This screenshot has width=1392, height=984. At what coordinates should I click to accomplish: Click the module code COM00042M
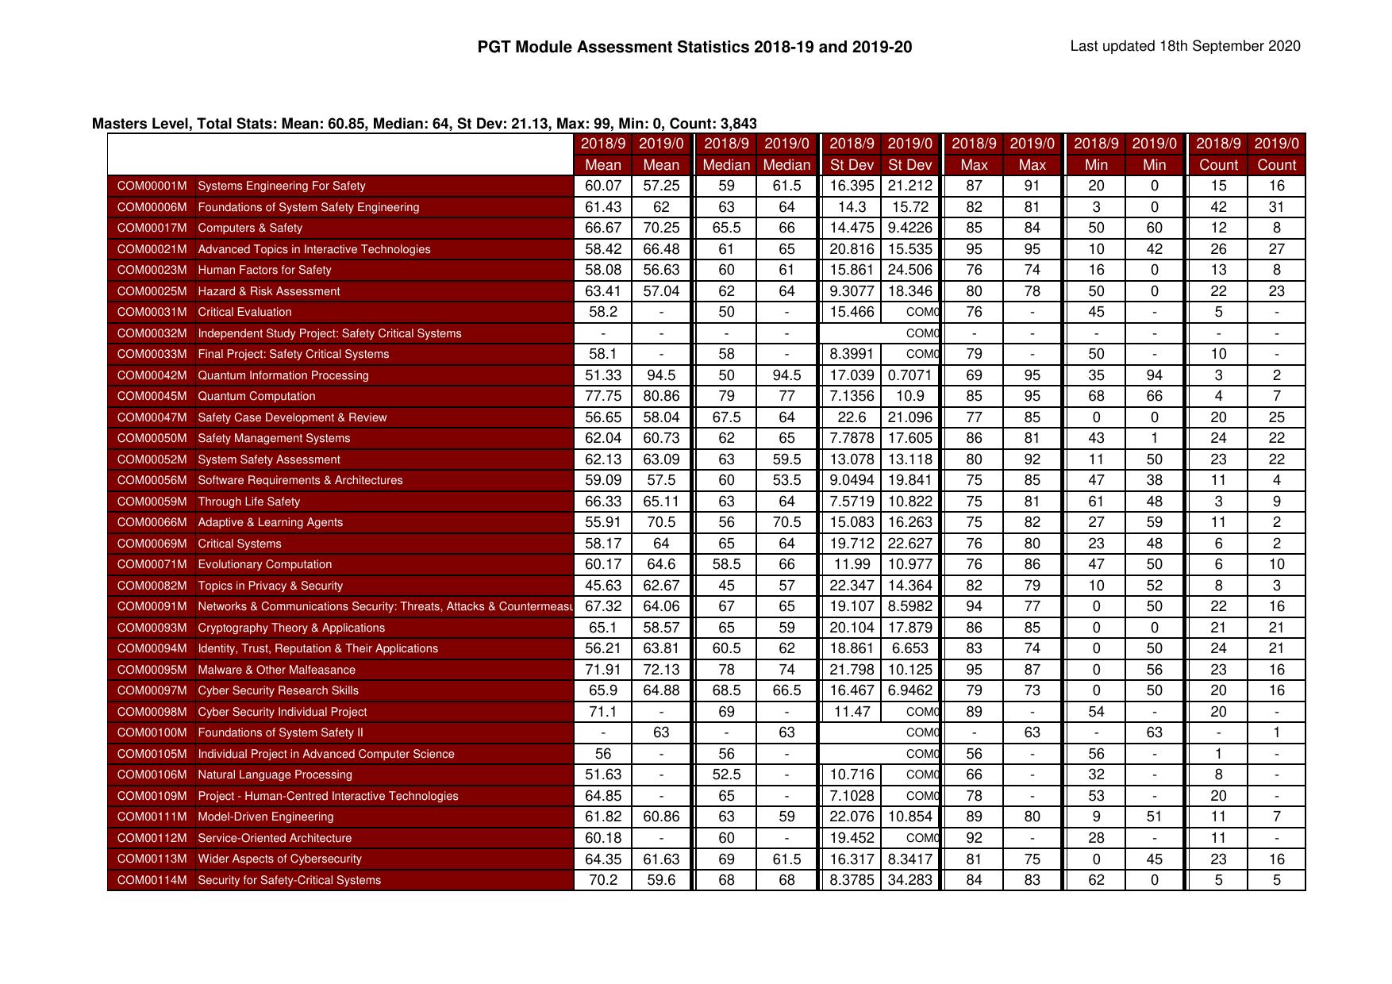pyautogui.click(x=152, y=375)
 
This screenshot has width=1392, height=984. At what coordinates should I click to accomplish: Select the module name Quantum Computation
pyautogui.click(x=256, y=396)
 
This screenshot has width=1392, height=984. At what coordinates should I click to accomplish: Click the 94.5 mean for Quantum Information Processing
pyautogui.click(x=661, y=375)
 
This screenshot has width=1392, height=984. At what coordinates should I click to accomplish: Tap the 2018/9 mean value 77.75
pyautogui.click(x=602, y=396)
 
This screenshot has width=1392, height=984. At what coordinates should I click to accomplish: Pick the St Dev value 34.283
pyautogui.click(x=909, y=880)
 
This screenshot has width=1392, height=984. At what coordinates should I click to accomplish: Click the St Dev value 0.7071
pyautogui.click(x=909, y=375)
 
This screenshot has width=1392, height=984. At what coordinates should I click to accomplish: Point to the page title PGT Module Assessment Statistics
pyautogui.click(x=694, y=47)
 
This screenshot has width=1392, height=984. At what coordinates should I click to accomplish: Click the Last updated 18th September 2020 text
pyautogui.click(x=1185, y=46)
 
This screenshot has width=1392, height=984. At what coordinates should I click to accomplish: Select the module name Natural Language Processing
pyautogui.click(x=275, y=775)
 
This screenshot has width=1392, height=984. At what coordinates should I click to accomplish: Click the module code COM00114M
pyautogui.click(x=152, y=880)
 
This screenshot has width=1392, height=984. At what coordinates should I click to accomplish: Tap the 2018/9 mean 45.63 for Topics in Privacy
pyautogui.click(x=602, y=586)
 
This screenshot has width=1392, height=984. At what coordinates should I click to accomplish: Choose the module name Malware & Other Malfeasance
pyautogui.click(x=276, y=670)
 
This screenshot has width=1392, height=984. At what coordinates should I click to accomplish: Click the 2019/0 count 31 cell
pyautogui.click(x=1276, y=207)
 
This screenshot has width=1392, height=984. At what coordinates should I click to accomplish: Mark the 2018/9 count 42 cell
pyautogui.click(x=1217, y=207)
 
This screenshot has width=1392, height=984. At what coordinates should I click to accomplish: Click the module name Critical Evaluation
pyautogui.click(x=244, y=312)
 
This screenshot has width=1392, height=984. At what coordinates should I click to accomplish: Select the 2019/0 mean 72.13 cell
pyautogui.click(x=661, y=670)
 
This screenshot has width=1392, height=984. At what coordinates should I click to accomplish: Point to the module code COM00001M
pyautogui.click(x=152, y=186)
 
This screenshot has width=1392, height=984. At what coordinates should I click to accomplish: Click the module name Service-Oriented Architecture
pyautogui.click(x=275, y=838)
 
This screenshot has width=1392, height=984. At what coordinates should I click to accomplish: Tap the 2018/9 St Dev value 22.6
pyautogui.click(x=851, y=417)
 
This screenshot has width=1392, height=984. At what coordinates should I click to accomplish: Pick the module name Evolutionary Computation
pyautogui.click(x=264, y=564)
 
